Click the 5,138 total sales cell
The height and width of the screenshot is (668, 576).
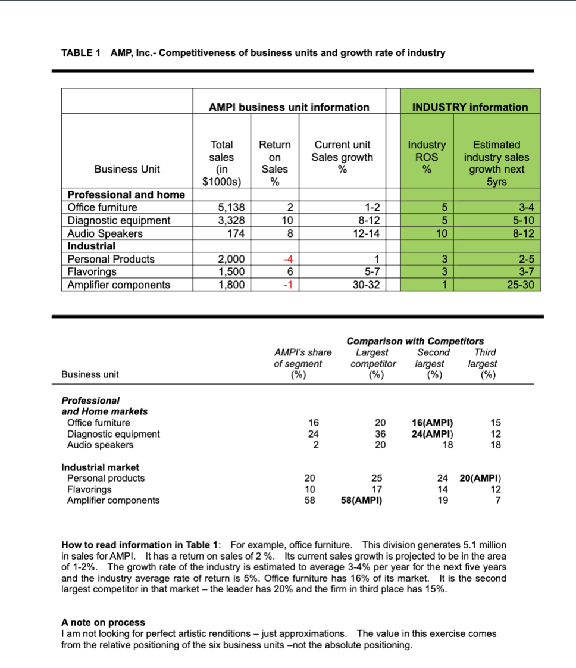[228, 208]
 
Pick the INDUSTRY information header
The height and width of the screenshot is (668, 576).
[470, 107]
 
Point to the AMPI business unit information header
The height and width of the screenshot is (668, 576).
[289, 107]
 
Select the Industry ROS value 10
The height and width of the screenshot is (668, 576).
[440, 233]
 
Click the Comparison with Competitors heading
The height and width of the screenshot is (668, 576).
[415, 341]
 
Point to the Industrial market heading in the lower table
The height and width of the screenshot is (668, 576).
[100, 467]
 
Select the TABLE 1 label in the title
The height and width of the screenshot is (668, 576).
[81, 53]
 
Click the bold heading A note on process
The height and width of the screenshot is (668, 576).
[103, 622]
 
